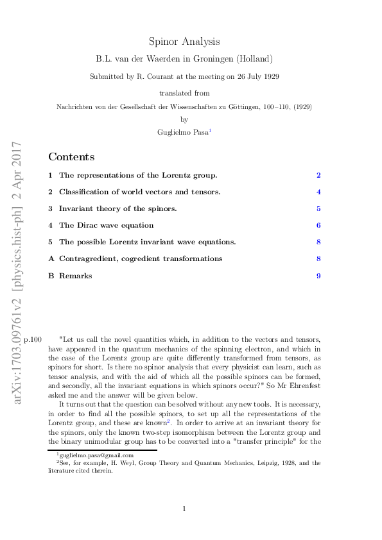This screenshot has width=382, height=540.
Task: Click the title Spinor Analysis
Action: [x=184, y=42]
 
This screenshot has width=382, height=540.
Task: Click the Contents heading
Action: [x=71, y=157]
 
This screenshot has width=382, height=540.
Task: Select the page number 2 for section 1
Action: [x=318, y=176]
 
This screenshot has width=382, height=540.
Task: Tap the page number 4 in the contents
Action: [x=318, y=192]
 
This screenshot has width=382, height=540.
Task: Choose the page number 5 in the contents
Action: [x=318, y=209]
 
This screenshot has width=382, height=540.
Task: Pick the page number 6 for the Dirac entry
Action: [x=318, y=226]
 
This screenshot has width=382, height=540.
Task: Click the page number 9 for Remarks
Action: [x=318, y=276]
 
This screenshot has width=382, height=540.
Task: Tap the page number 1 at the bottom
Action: [x=184, y=509]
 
